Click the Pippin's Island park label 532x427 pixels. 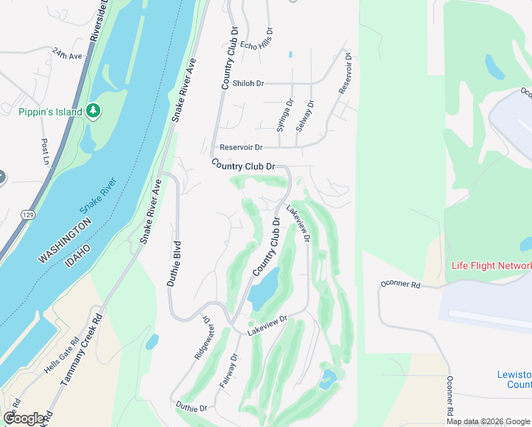43,112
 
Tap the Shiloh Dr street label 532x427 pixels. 243,83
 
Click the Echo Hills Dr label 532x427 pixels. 257,39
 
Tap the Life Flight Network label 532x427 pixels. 491,266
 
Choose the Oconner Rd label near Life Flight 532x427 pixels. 400,285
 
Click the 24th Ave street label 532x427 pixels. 67,54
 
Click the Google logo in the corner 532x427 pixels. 23,418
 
